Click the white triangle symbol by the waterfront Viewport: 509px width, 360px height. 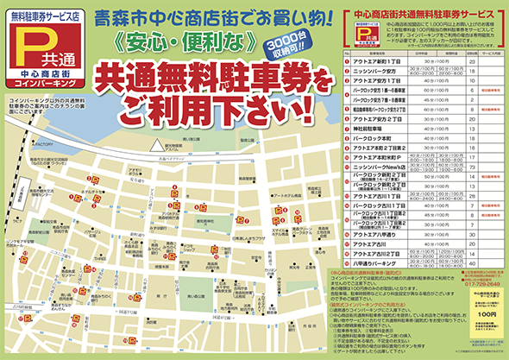point(156,145)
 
